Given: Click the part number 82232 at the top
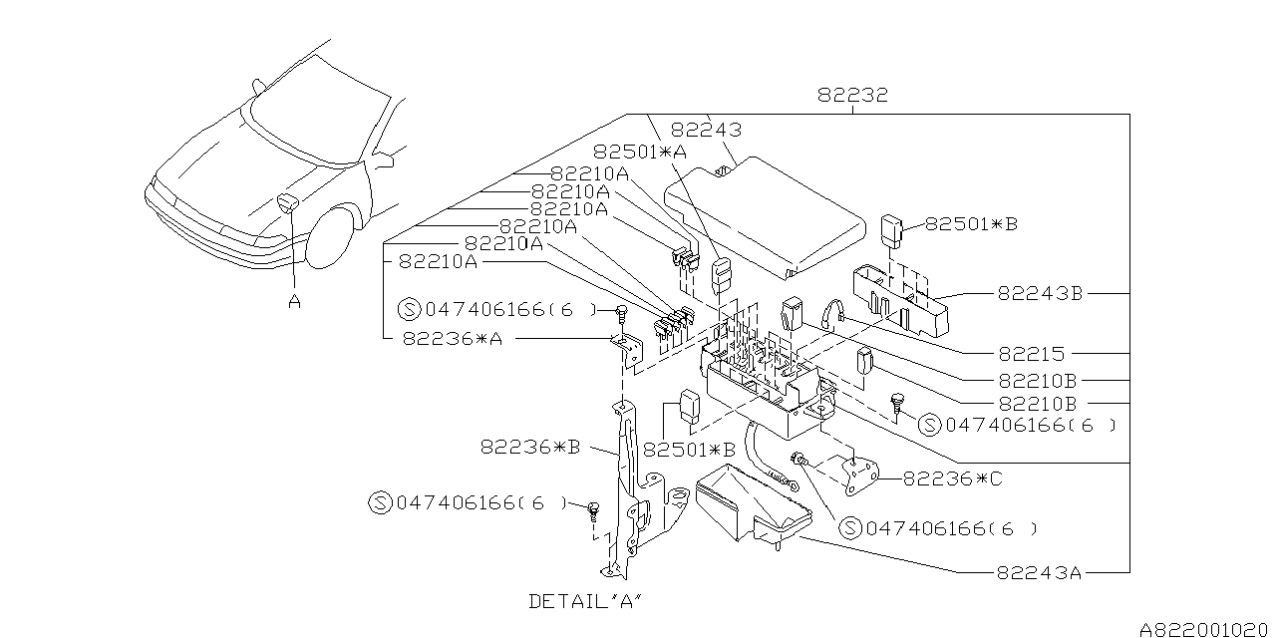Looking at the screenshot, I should (x=851, y=97).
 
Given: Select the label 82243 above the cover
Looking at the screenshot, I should (x=706, y=130).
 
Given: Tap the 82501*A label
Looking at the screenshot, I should (x=640, y=152).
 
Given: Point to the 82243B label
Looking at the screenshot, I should (x=1040, y=294).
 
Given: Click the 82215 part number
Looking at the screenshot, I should (x=1032, y=354).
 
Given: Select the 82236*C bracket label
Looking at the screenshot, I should (x=953, y=478).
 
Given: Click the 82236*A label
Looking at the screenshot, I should (x=453, y=338).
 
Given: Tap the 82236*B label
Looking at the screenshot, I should (x=530, y=448).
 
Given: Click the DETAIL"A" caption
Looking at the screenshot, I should (x=584, y=601).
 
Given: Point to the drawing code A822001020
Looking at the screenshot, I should (x=1205, y=630).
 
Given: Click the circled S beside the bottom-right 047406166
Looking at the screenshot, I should (x=849, y=528).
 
